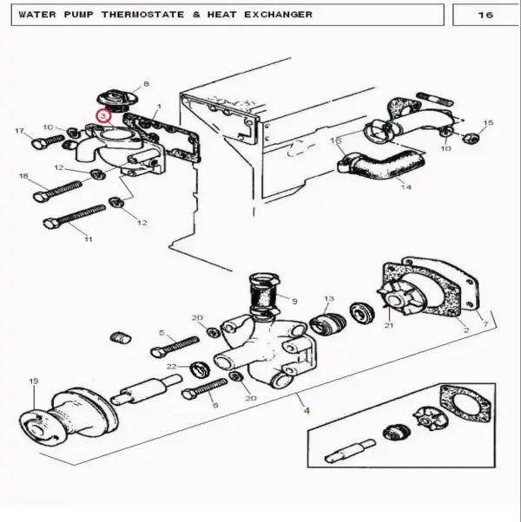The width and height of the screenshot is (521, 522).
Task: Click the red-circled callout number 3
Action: coord(103,116)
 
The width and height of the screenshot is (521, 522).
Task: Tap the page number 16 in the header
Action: coord(485,15)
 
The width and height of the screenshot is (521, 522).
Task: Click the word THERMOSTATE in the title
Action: coord(143,15)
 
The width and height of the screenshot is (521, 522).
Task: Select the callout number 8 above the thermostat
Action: coord(146,84)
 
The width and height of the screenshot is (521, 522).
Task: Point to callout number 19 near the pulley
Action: coord(34,381)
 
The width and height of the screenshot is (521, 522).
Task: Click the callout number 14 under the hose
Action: coord(406,187)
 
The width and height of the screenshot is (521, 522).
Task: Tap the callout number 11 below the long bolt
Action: coord(88,239)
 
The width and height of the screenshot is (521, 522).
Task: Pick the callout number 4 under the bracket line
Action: coord(307,410)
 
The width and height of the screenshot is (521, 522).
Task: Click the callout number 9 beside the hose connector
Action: coord(294,301)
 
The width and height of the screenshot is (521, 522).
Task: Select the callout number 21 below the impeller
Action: coord(389,325)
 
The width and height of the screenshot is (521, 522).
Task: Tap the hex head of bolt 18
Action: coord(40,197)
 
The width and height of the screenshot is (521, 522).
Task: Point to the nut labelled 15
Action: coord(471,137)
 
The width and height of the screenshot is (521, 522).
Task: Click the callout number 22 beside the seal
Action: coord(172,367)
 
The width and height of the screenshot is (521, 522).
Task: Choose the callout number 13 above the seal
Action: coord(329,298)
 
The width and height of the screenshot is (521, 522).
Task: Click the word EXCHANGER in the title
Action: coord(279,15)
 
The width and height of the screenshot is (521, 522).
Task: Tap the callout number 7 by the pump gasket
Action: coord(485,323)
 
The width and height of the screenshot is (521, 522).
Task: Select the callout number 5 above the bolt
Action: coord(162,333)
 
